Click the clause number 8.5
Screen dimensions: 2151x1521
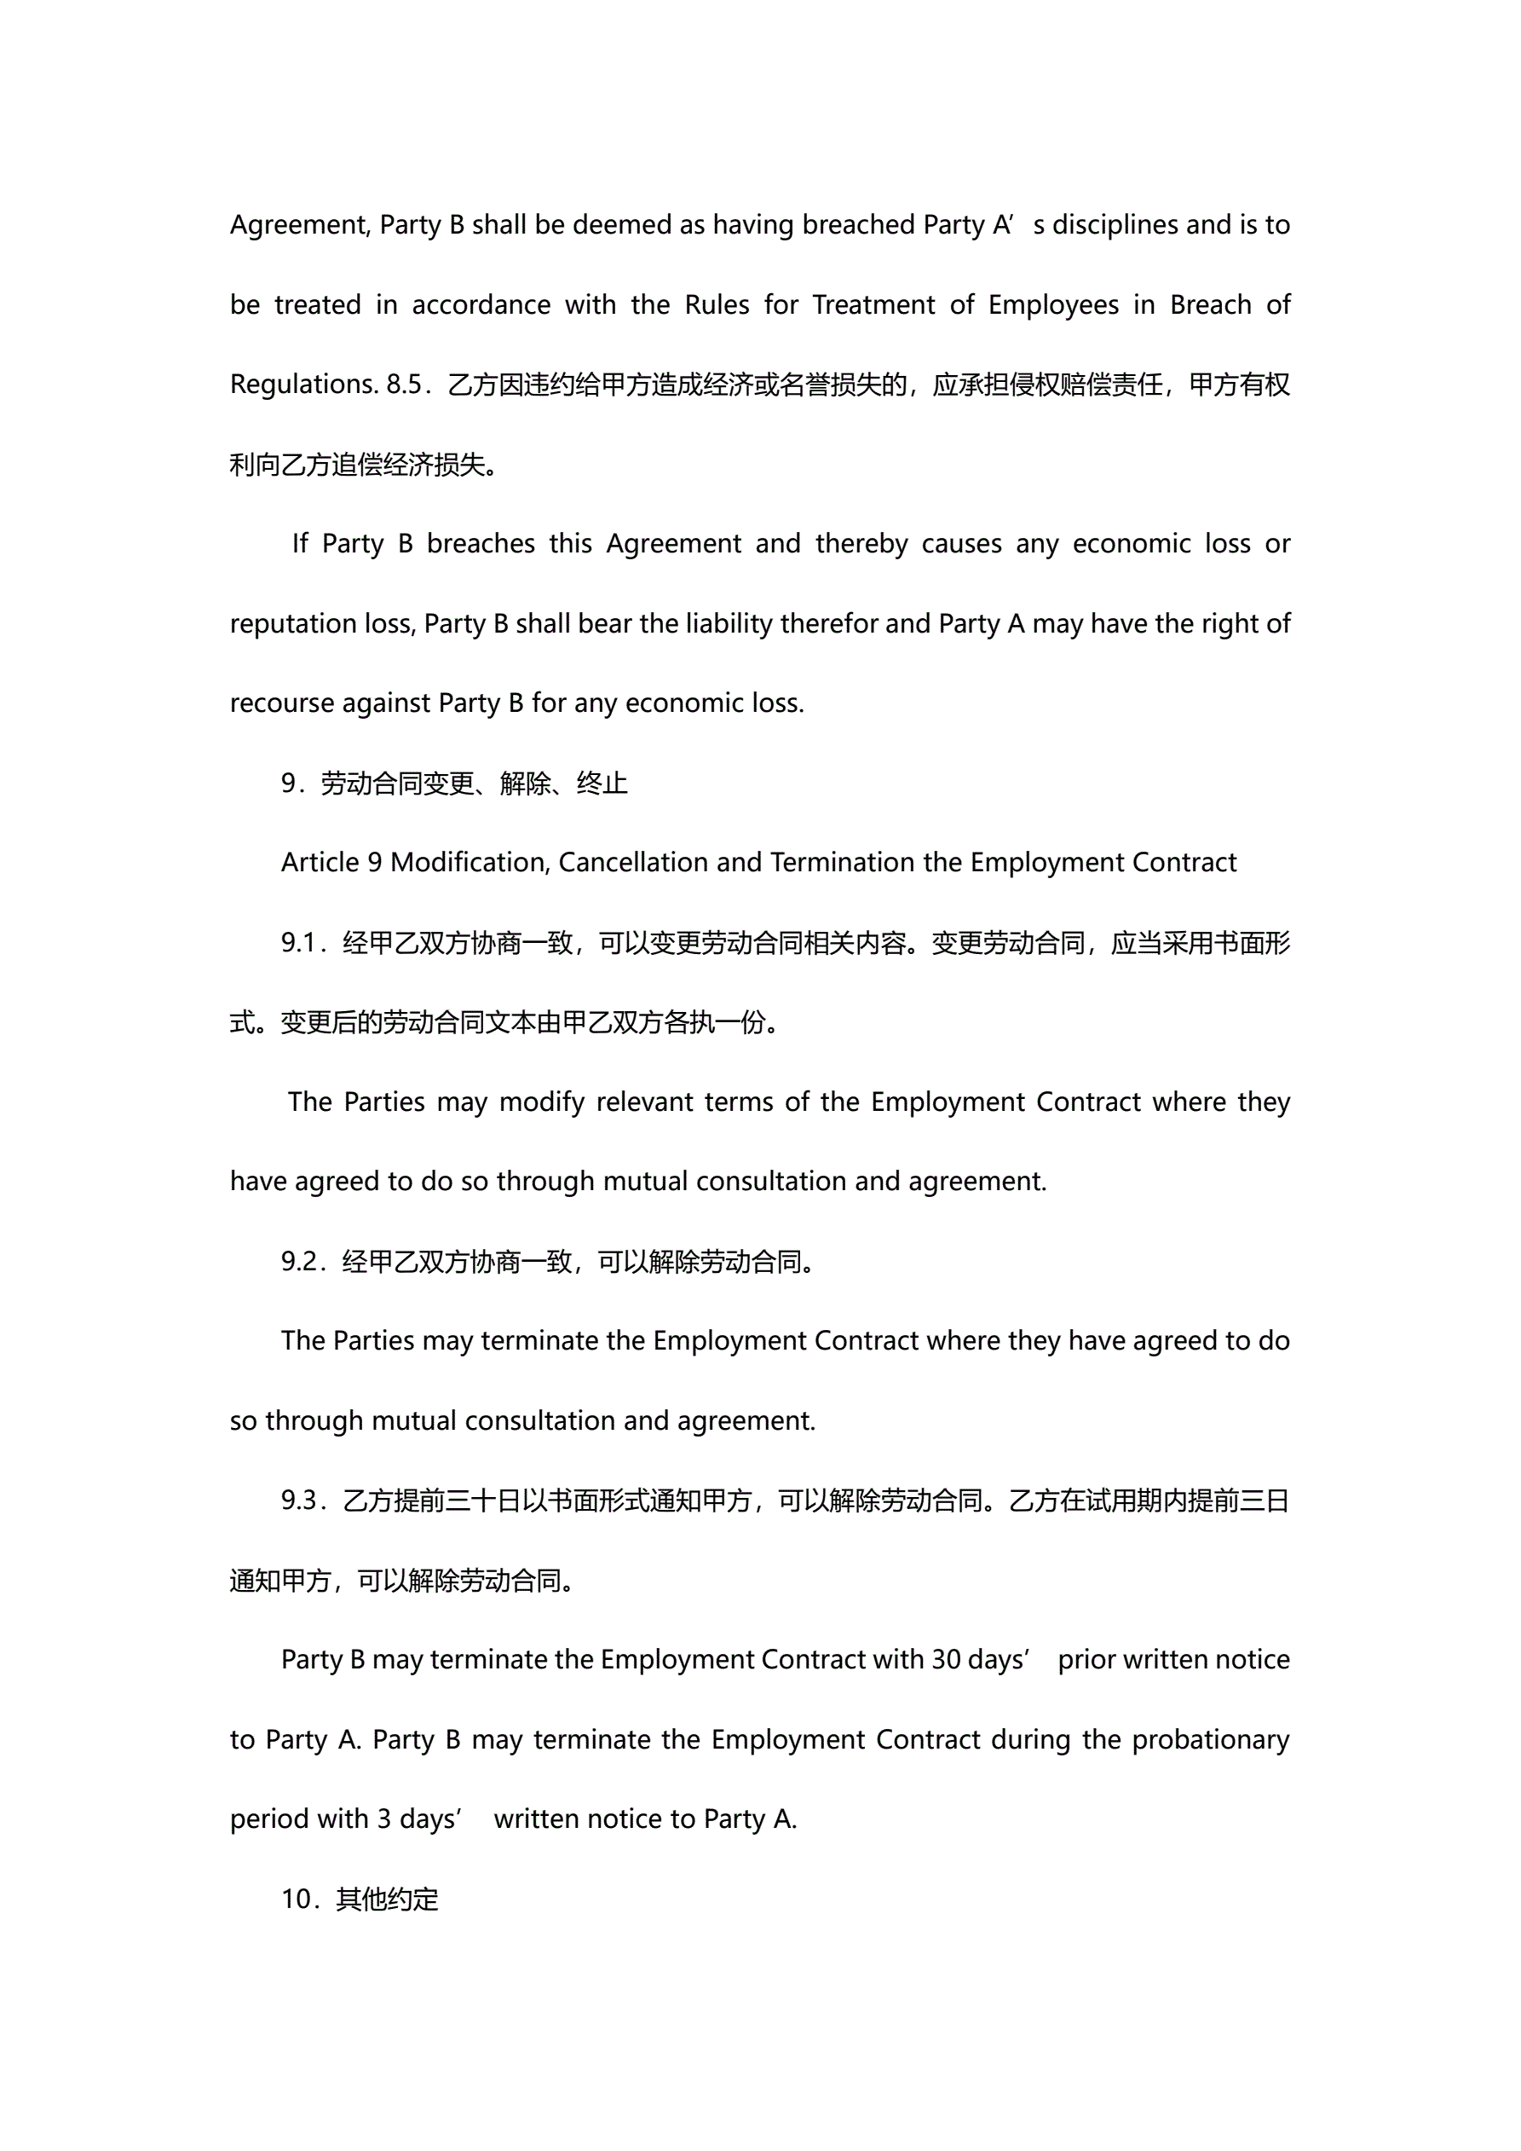405,385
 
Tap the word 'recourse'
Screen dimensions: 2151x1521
280,703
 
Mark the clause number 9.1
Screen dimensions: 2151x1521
300,942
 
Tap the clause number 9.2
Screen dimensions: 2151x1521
300,1261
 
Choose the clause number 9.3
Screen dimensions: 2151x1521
300,1500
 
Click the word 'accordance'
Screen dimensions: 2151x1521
481,304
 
